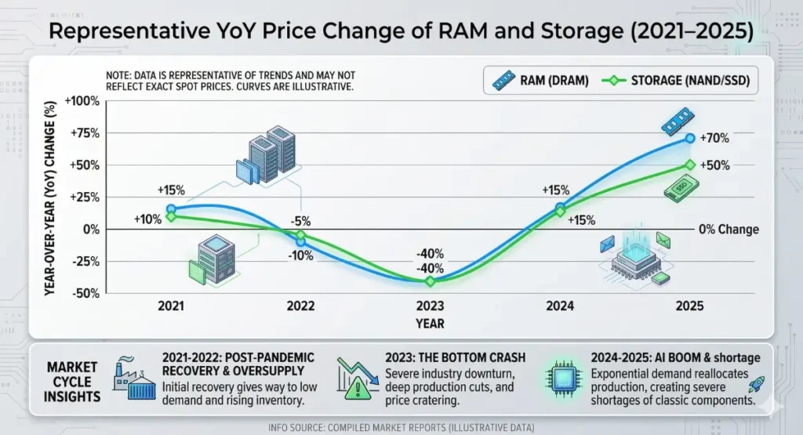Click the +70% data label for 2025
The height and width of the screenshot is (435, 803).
tap(714, 139)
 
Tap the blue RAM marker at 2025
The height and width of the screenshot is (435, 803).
tap(689, 138)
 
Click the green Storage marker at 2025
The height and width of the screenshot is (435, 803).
tap(689, 165)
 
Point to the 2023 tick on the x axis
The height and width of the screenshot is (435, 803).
tap(431, 306)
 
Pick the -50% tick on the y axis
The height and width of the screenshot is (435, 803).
tap(83, 293)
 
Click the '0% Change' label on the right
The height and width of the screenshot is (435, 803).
tap(729, 230)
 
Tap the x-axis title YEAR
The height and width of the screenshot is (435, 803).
tap(430, 323)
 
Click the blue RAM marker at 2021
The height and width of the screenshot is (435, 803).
tap(171, 209)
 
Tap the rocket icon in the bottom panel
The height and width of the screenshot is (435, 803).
tap(758, 384)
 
